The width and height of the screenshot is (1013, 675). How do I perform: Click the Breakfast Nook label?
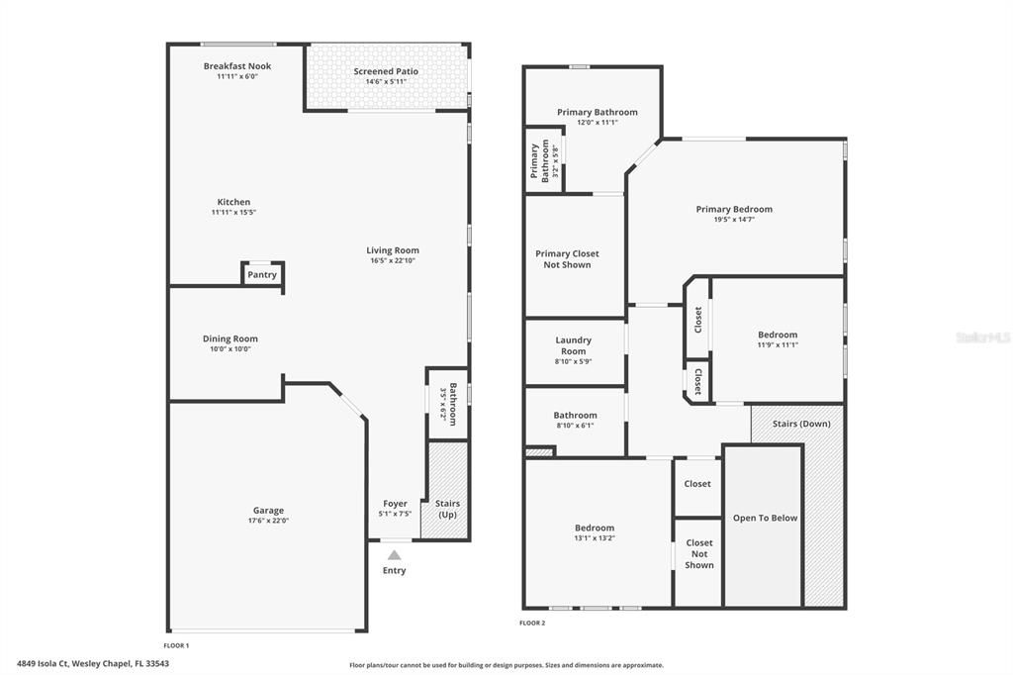click(237, 66)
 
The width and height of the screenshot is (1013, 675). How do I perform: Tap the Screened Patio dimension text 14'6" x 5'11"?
click(386, 81)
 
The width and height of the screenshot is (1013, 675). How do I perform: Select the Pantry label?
click(262, 275)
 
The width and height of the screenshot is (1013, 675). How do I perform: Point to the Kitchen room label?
click(233, 202)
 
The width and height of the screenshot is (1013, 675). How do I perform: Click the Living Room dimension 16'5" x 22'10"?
click(393, 260)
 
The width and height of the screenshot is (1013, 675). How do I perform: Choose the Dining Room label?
click(230, 338)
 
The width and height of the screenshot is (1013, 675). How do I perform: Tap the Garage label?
click(267, 511)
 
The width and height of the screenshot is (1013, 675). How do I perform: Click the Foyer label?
click(395, 504)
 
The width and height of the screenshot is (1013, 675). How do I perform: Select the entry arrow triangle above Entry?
click(394, 555)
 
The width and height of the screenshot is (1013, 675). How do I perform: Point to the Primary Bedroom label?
click(734, 209)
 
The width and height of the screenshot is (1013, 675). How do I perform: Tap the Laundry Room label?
click(573, 345)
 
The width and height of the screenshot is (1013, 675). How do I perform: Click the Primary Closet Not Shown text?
click(567, 259)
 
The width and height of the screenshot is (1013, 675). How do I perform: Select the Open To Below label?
click(765, 518)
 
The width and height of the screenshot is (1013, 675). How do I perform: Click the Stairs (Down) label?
click(801, 424)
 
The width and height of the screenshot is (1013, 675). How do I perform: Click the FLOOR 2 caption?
click(532, 623)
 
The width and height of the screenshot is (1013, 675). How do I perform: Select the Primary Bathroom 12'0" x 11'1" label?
click(597, 112)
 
